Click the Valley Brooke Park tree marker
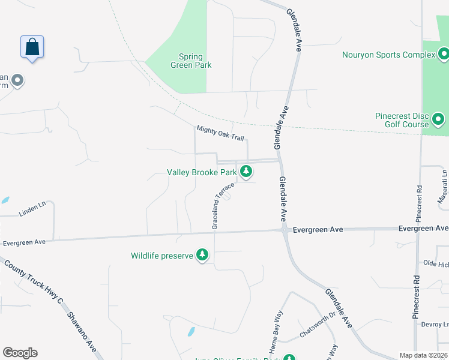[x=246, y=172]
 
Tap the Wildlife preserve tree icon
[x=203, y=256]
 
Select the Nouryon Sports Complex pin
[x=444, y=55]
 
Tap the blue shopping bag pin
[x=32, y=47]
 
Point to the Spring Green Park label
[x=191, y=61]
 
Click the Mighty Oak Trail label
[x=220, y=133]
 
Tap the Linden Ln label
[x=32, y=208]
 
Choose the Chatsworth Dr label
[x=319, y=326]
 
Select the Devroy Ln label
[x=436, y=325]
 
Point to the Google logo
[x=20, y=353]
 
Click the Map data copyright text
[x=423, y=355]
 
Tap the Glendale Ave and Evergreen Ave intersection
[x=283, y=229]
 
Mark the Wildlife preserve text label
[x=162, y=256]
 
